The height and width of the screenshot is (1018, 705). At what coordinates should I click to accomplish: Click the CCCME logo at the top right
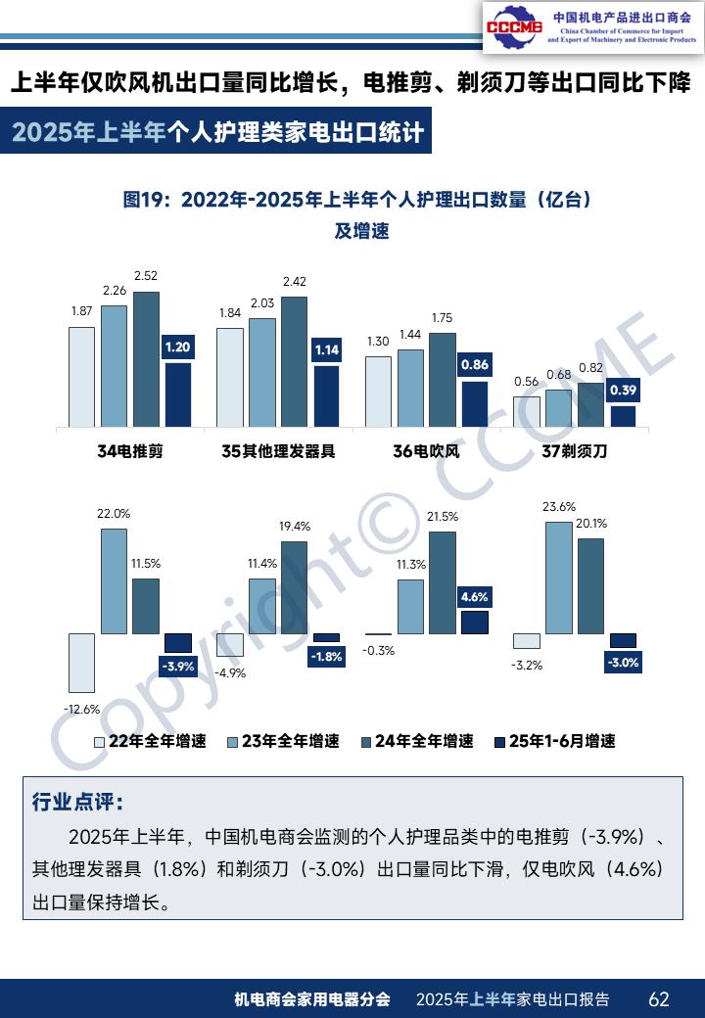514,26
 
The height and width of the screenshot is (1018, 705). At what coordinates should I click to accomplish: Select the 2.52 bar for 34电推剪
146,359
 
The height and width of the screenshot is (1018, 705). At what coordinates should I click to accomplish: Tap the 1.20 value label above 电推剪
177,347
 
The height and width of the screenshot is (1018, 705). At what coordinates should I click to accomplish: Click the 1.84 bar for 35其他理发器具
230,377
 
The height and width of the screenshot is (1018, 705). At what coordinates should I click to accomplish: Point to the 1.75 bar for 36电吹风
442,380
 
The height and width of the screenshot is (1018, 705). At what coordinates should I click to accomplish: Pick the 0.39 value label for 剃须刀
623,391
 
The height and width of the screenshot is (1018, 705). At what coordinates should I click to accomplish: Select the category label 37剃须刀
575,451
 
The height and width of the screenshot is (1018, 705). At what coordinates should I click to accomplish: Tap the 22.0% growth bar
114,581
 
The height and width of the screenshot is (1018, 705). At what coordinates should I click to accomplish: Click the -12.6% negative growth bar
81,663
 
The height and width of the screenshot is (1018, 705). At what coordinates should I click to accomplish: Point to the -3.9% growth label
178,667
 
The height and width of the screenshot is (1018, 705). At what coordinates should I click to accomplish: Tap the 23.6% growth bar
558,578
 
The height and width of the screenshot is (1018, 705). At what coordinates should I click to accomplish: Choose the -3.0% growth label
623,663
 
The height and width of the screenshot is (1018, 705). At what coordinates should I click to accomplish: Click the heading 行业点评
77,803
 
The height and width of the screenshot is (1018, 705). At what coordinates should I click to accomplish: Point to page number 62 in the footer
659,999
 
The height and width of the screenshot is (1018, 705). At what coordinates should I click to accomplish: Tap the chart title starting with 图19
358,199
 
